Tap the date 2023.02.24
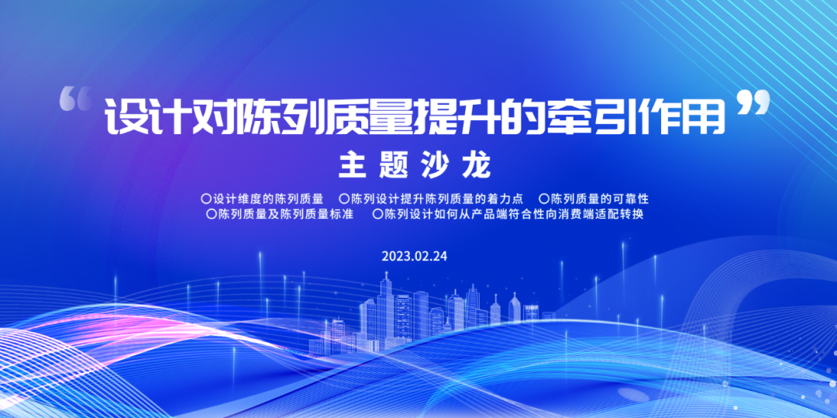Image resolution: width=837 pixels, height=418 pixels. (x=415, y=256)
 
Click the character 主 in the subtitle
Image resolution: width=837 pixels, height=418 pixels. (x=352, y=165)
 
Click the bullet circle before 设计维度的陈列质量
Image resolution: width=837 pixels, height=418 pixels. (x=205, y=199)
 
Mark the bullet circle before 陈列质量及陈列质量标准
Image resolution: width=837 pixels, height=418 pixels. (x=212, y=214)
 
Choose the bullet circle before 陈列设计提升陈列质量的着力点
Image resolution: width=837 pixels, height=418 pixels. (x=344, y=199)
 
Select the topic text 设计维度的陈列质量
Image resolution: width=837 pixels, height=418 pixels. (x=272, y=199)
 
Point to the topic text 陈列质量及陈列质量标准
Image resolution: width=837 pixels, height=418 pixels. (x=285, y=214)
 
